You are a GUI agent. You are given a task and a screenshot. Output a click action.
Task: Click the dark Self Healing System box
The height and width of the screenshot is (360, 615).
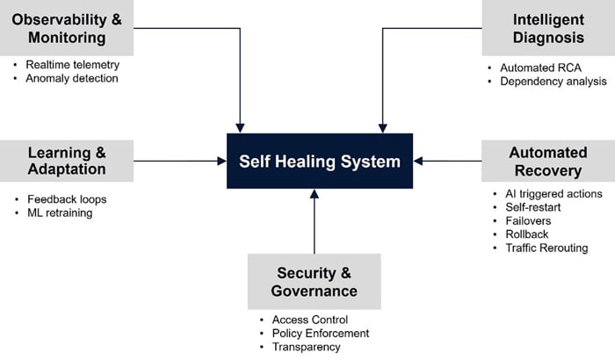click(x=320, y=161)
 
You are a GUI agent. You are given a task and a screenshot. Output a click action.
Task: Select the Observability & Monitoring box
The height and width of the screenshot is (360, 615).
click(x=67, y=28)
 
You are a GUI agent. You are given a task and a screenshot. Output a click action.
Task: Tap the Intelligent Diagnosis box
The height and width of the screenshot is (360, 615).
click(x=547, y=28)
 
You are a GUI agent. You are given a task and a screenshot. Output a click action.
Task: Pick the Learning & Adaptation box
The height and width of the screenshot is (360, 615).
click(x=67, y=160)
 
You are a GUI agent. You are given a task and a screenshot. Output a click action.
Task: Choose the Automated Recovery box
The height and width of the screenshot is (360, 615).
click(x=547, y=161)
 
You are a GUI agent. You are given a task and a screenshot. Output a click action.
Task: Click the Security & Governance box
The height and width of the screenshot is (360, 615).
click(x=315, y=281)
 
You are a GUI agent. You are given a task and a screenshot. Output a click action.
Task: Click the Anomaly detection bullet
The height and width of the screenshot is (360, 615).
click(x=71, y=78)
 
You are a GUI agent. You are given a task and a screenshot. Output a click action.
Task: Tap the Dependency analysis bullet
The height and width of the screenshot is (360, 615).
click(x=553, y=82)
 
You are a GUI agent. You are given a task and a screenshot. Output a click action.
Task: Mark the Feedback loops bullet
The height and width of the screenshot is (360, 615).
click(x=66, y=199)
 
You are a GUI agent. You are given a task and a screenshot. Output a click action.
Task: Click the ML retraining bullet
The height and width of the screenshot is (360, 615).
click(x=60, y=212)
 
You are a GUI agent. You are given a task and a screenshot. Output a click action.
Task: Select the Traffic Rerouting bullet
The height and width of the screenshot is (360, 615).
click(x=546, y=248)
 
